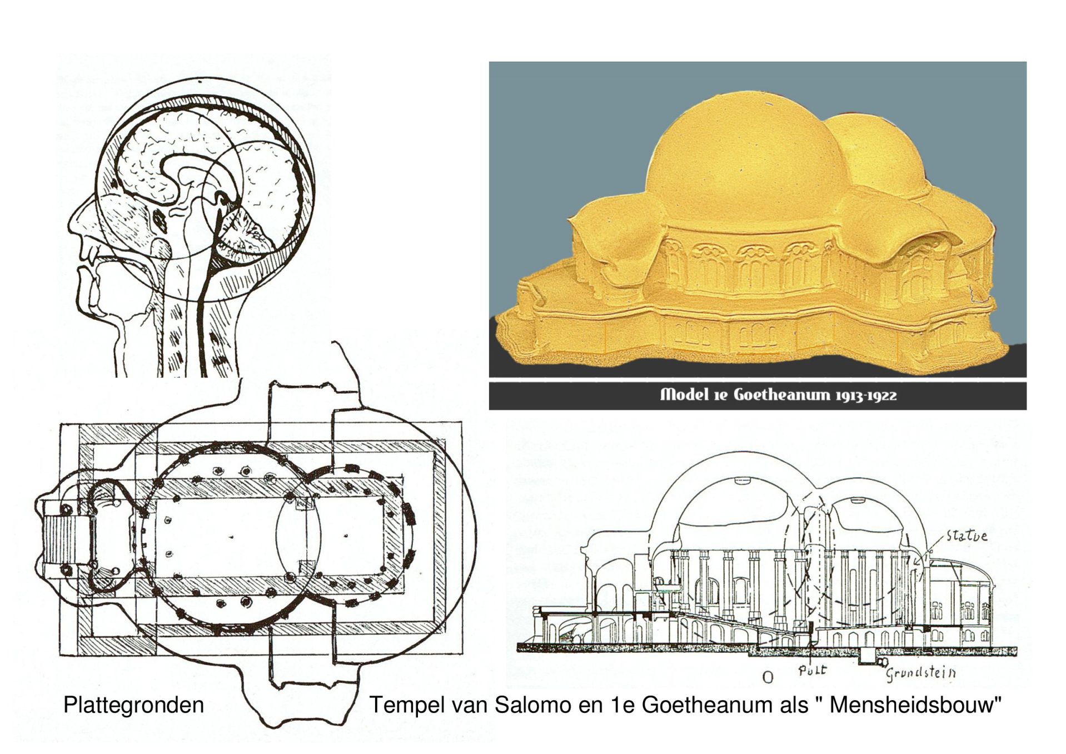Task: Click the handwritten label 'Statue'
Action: coord(967,536)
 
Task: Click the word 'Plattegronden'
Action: coord(133,705)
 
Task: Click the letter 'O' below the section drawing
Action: coord(768,677)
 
